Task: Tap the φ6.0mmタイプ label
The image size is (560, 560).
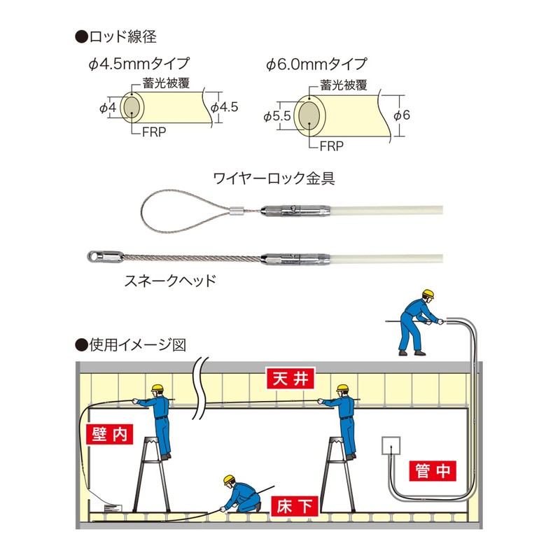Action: pos(316,65)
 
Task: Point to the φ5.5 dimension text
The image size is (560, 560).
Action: pos(277,116)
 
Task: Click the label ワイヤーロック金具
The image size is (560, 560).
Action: pos(274,178)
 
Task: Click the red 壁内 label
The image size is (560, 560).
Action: pos(108,434)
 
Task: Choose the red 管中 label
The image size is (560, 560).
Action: pos(433,470)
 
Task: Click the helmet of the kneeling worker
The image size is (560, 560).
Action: pos(228,480)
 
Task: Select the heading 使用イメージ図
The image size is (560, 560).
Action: pos(136,344)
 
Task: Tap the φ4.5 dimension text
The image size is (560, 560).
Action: pos(225,108)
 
